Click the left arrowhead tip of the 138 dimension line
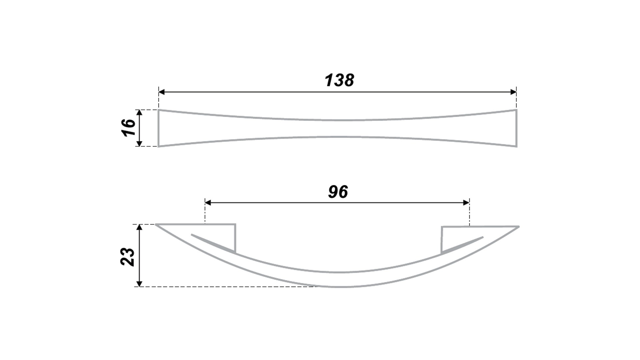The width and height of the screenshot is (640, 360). click(x=159, y=92)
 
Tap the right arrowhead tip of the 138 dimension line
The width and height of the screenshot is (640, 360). click(x=516, y=92)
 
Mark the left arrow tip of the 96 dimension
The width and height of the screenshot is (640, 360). click(x=205, y=202)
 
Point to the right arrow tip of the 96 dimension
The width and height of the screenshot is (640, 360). click(x=469, y=202)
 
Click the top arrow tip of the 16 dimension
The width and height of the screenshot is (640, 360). click(x=140, y=110)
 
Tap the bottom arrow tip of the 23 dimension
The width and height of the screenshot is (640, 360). click(x=140, y=287)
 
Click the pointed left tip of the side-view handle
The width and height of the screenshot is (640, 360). click(x=156, y=224)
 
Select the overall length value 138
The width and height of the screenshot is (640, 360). click(x=339, y=80)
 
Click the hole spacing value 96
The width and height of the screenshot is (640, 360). click(x=338, y=192)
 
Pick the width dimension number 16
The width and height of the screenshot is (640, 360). click(x=129, y=127)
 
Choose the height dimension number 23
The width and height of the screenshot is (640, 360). click(x=128, y=257)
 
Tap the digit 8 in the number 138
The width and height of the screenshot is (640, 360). click(x=349, y=80)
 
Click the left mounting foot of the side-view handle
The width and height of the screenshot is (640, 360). click(x=220, y=238)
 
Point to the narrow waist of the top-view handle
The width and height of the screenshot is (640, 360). click(x=337, y=128)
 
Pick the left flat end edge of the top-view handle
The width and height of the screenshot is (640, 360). click(x=158, y=128)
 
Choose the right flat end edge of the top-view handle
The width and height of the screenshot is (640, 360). click(x=516, y=128)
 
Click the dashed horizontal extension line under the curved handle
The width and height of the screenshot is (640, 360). click(x=227, y=287)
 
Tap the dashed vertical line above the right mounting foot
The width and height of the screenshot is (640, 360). click(x=469, y=212)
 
